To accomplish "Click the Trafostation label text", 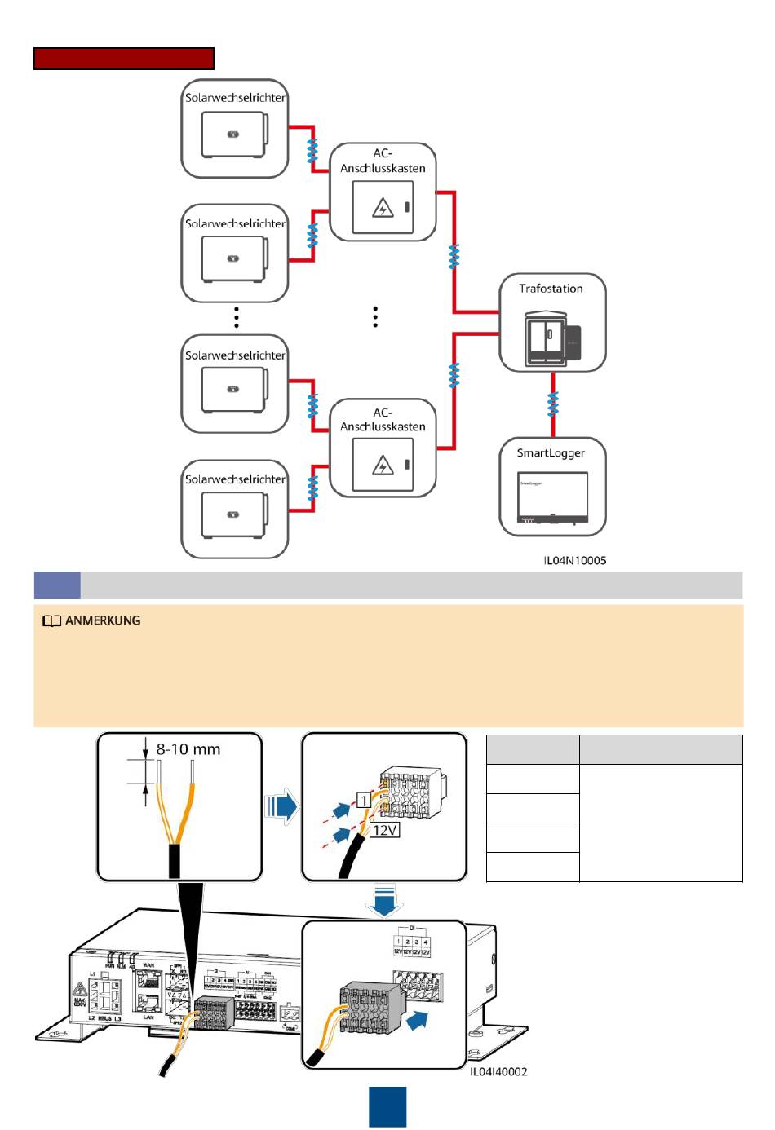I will [551, 289].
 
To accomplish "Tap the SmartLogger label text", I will [551, 453].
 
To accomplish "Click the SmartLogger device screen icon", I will [552, 497].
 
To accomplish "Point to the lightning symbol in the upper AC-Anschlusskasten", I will [383, 208].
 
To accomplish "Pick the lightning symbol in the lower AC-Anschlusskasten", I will [383, 466].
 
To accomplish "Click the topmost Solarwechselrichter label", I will [235, 98].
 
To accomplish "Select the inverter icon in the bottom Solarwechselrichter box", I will [234, 515].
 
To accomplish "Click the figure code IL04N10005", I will [575, 560].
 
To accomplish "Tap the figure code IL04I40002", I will [498, 1071].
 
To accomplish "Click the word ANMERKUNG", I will [103, 620].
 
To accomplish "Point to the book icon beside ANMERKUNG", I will [51, 621].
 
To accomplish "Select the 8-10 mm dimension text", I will [188, 749].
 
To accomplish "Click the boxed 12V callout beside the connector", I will [384, 830].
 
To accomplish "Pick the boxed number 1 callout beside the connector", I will [364, 801].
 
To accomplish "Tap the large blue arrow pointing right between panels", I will [282, 807].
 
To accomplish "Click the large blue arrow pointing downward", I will [383, 899].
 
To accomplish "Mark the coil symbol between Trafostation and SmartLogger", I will [553, 404].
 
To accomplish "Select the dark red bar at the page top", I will [124, 59].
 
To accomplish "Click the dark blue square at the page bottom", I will [387, 1106].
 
